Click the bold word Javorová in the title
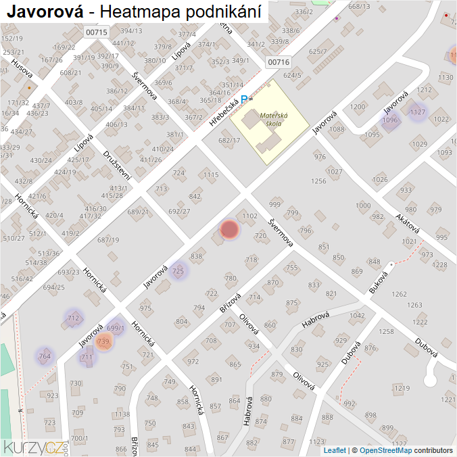tap(45, 11)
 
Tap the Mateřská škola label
tap(274, 120)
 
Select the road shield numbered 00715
tap(97, 32)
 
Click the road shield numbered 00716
tap(278, 62)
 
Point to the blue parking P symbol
tap(245, 99)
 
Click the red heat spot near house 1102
tap(230, 230)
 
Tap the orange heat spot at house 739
tap(103, 342)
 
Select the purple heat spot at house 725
tap(178, 271)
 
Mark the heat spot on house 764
tap(45, 356)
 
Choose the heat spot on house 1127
tap(418, 112)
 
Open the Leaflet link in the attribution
tap(335, 450)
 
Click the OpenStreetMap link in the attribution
tap(385, 450)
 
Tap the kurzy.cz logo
tap(34, 447)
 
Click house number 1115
tap(211, 175)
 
